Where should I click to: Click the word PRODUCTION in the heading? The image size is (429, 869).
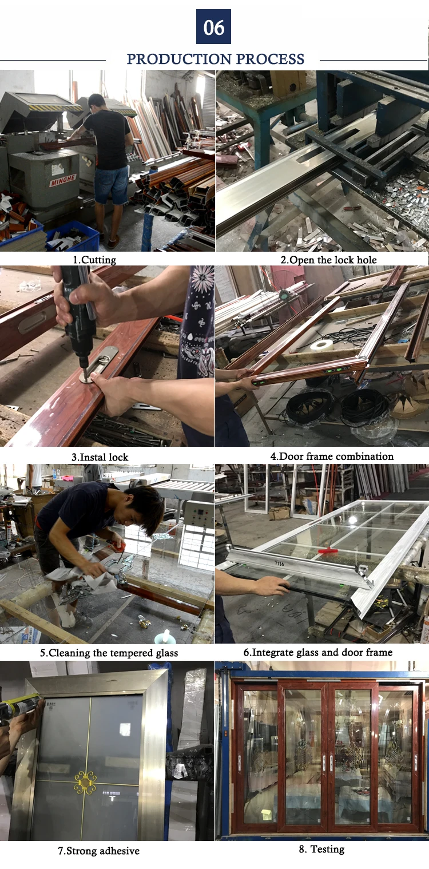(179, 59)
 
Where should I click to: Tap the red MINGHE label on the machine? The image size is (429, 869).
(62, 180)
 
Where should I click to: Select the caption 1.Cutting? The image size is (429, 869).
(94, 260)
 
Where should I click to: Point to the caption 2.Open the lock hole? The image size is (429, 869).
(328, 260)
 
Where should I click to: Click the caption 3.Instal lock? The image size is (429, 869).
(100, 457)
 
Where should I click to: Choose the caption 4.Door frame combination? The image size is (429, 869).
(332, 456)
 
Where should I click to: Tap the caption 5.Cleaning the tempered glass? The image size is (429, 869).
(109, 653)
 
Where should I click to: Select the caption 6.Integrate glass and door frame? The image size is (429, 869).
(317, 652)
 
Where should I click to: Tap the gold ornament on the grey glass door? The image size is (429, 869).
(85, 781)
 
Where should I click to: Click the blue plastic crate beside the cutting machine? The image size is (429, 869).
(73, 236)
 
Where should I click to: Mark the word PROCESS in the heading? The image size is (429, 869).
(270, 59)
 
